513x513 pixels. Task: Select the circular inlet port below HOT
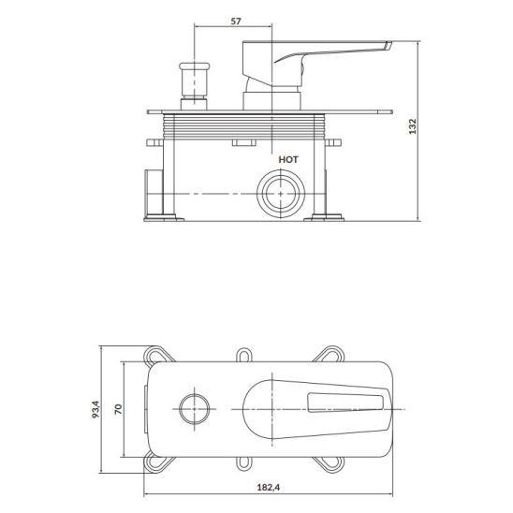[x=279, y=195]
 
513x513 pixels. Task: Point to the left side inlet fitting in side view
[x=153, y=193]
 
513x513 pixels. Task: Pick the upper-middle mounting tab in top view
[x=245, y=355]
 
